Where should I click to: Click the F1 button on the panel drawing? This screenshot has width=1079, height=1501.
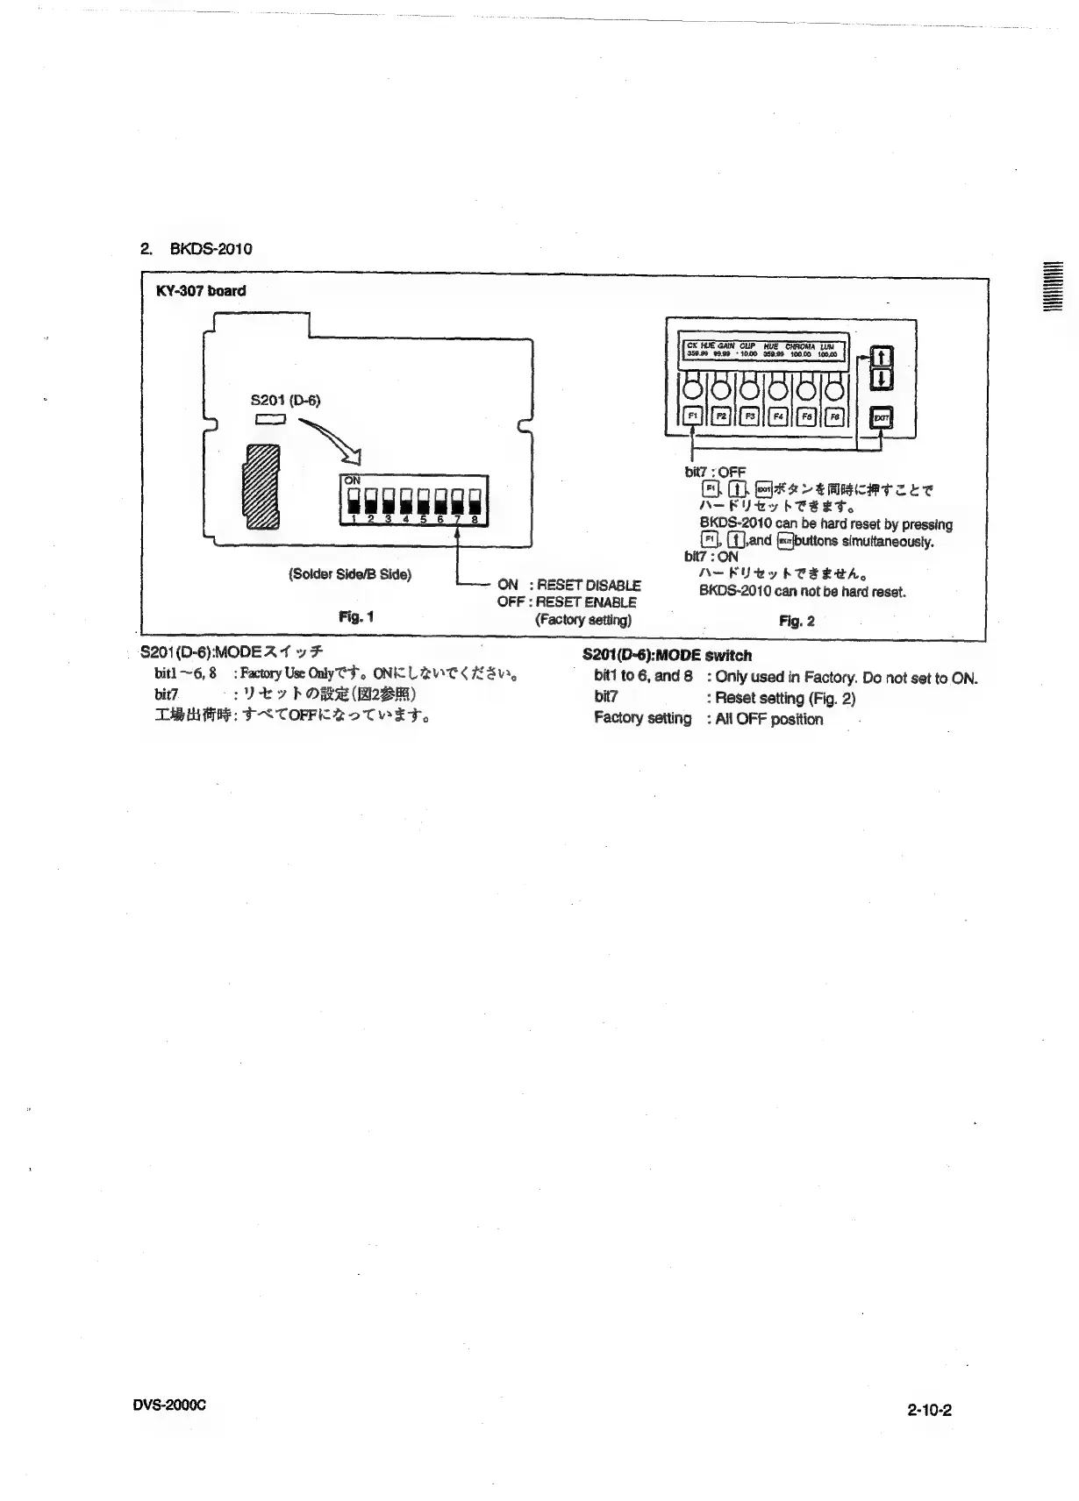[693, 416]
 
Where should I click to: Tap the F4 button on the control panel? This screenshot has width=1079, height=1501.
[778, 416]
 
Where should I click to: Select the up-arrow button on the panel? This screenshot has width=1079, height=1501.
[882, 357]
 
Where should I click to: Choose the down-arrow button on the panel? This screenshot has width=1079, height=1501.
[882, 379]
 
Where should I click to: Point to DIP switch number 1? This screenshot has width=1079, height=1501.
[353, 503]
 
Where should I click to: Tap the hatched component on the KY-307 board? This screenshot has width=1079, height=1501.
[261, 486]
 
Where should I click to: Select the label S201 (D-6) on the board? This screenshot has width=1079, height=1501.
[286, 401]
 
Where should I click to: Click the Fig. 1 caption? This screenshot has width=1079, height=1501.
[356, 616]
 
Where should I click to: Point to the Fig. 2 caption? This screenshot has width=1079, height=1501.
[797, 621]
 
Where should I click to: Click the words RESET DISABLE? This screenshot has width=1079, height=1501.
[589, 585]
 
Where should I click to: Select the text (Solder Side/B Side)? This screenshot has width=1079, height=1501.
[349, 574]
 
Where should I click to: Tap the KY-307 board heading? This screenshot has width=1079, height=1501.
[201, 291]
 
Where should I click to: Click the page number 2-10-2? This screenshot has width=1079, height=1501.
[929, 1411]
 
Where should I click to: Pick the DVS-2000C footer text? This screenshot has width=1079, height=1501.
[168, 1404]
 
